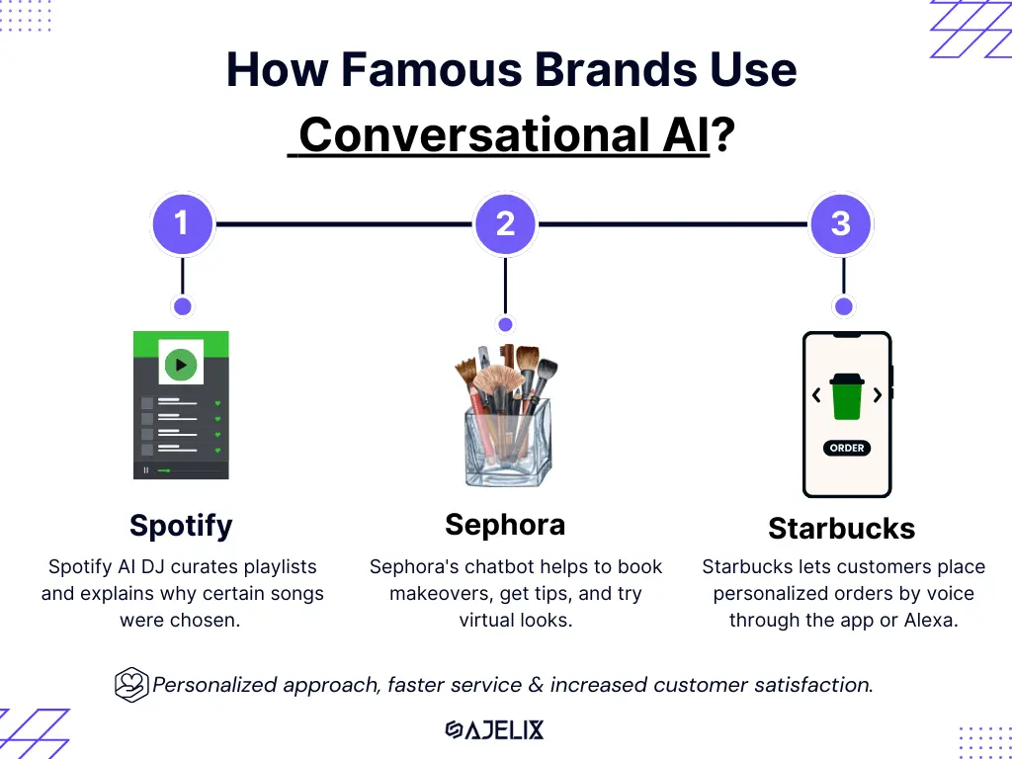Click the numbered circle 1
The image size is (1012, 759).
(183, 224)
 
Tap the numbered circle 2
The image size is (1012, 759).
(505, 224)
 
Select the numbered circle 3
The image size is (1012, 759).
(841, 224)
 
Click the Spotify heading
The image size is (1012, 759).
(181, 526)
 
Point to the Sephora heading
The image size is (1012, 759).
(505, 525)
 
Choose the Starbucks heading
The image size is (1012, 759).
(842, 529)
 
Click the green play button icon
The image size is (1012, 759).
(181, 365)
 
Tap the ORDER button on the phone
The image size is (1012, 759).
(847, 448)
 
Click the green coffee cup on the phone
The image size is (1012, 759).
(847, 396)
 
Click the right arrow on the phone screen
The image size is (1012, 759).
(878, 394)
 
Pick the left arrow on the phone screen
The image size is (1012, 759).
(816, 394)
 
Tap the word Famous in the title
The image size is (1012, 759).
(431, 70)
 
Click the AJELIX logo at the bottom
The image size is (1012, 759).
(494, 730)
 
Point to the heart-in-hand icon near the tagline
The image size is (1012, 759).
(131, 684)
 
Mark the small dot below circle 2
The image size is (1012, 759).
(505, 324)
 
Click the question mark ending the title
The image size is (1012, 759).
(722, 134)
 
